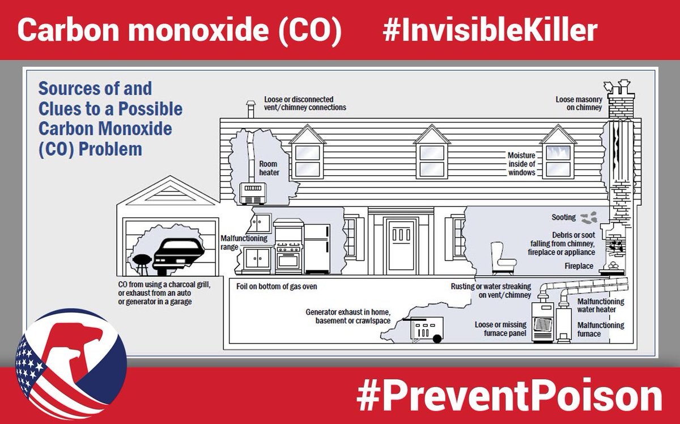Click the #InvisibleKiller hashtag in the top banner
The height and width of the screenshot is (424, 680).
[490, 31]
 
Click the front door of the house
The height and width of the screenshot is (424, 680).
[401, 244]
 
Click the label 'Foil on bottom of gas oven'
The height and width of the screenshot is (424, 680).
[277, 287]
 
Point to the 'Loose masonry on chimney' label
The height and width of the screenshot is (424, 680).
[579, 103]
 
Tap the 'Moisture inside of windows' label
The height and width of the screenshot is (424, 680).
[521, 164]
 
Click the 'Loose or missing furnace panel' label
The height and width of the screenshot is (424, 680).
[500, 329]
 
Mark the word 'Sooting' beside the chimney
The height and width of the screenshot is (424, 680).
[563, 217]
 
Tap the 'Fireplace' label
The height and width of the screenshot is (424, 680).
[579, 266]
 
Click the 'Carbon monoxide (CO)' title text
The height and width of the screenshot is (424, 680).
[178, 31]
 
